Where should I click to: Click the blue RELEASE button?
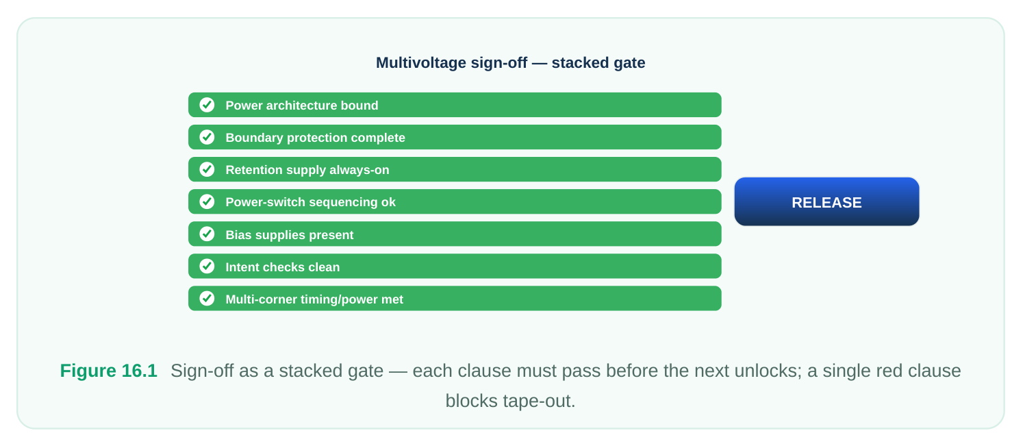click(x=826, y=201)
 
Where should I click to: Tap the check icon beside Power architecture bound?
click(x=207, y=105)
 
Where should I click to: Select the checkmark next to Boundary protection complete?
click(x=207, y=137)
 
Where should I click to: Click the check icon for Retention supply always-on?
click(x=207, y=169)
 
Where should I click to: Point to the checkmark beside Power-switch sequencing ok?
click(x=207, y=201)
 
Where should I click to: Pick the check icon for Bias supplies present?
click(x=207, y=234)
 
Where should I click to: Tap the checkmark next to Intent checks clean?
click(x=207, y=266)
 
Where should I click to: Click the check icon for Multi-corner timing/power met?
click(x=207, y=299)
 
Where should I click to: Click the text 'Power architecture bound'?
click(x=302, y=106)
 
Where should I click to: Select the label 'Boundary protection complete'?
click(x=315, y=138)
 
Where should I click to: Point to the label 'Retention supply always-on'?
click(x=307, y=170)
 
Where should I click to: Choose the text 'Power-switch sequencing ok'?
click(x=311, y=202)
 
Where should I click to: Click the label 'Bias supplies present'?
click(x=290, y=235)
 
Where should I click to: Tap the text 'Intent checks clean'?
click(x=283, y=267)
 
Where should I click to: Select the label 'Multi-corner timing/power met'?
click(x=314, y=299)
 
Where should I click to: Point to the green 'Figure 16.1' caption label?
click(x=109, y=371)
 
